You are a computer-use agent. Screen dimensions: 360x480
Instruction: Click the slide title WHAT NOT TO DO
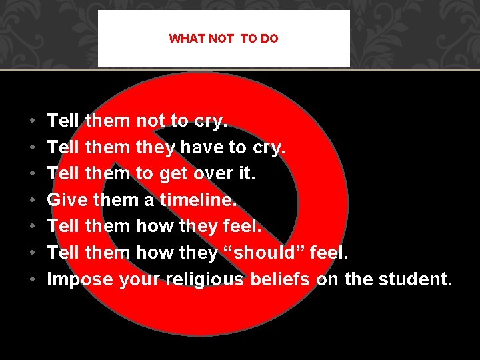pos(223,39)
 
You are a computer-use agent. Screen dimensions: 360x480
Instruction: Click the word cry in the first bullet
pos(210,121)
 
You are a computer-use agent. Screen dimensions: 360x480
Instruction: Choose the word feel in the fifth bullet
pos(243,226)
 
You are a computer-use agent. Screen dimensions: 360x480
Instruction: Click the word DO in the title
pos(270,39)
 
